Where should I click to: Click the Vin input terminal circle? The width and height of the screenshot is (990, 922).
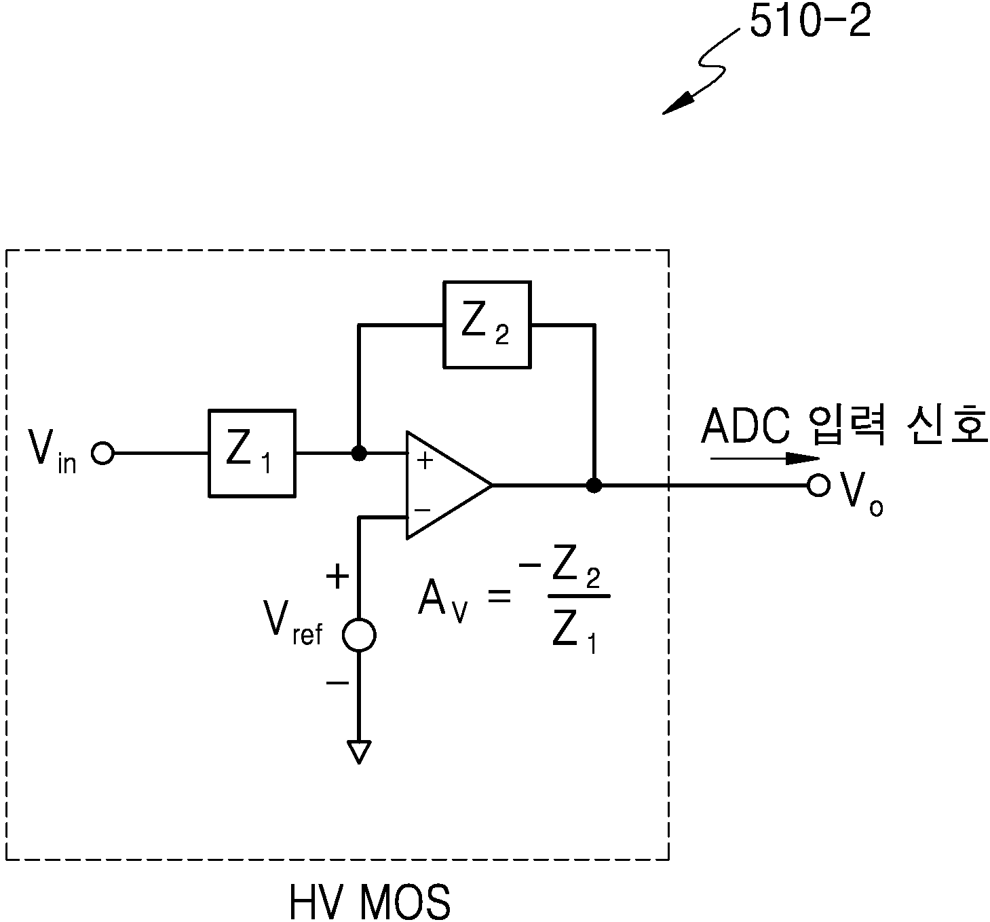(x=102, y=454)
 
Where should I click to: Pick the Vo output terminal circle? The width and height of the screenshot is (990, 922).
(x=818, y=485)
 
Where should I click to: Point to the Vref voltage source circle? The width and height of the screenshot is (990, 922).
(x=359, y=635)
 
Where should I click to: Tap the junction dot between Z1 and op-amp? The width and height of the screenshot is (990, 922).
(x=359, y=454)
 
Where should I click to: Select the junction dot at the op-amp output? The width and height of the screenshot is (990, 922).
(x=594, y=485)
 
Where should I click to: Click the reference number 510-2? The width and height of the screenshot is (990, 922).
(x=811, y=22)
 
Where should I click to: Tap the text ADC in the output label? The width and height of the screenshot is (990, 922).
(x=746, y=426)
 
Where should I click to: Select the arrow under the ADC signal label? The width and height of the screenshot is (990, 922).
(x=765, y=458)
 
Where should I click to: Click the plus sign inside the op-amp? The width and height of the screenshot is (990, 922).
(x=425, y=461)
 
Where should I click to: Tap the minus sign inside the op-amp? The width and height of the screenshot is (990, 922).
(x=422, y=510)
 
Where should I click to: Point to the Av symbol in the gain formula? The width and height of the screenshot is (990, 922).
(x=442, y=601)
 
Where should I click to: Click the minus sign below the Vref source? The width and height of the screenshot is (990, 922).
(x=337, y=682)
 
